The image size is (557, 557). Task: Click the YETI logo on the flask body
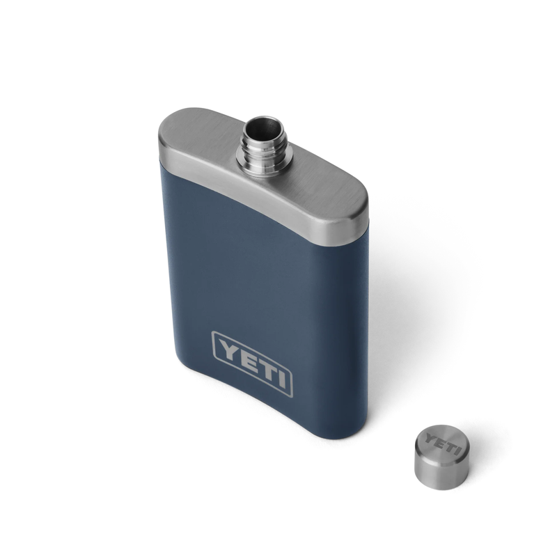252,363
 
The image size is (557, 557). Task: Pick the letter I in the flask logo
281,379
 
